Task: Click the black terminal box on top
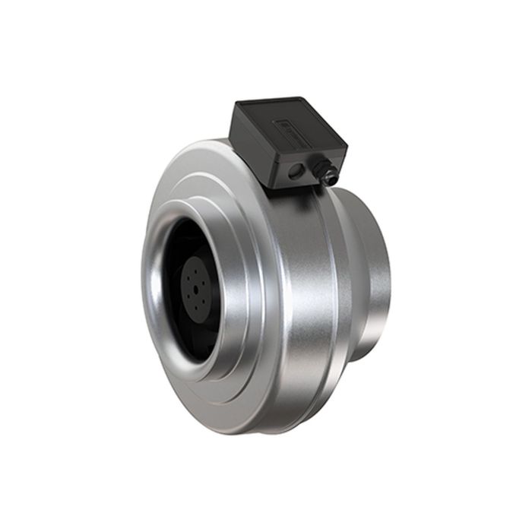[289, 141]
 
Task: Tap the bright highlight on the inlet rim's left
[147, 281]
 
